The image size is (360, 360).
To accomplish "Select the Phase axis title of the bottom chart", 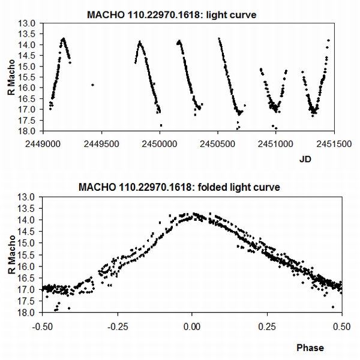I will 310,347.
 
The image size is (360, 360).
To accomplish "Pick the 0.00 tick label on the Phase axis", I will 192,328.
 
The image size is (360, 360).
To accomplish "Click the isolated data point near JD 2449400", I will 92,85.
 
